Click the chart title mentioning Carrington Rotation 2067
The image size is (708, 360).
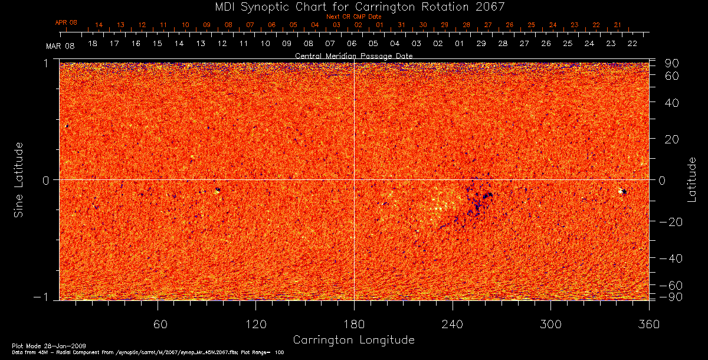(x=353, y=6)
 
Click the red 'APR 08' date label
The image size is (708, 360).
(x=65, y=22)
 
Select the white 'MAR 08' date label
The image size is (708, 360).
(x=57, y=45)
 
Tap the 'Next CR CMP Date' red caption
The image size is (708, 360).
(x=353, y=17)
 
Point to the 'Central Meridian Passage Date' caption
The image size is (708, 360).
(x=353, y=55)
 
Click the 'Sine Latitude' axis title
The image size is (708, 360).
(x=19, y=179)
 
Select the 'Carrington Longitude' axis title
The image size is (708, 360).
(x=353, y=340)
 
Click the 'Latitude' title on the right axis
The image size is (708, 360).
(x=691, y=179)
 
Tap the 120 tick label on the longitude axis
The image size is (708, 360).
(x=255, y=324)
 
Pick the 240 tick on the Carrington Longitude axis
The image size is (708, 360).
(x=452, y=324)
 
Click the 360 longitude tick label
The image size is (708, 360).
(x=648, y=324)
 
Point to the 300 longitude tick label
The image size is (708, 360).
(x=550, y=324)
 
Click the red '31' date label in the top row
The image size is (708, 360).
(x=401, y=25)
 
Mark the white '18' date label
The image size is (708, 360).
(x=93, y=44)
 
